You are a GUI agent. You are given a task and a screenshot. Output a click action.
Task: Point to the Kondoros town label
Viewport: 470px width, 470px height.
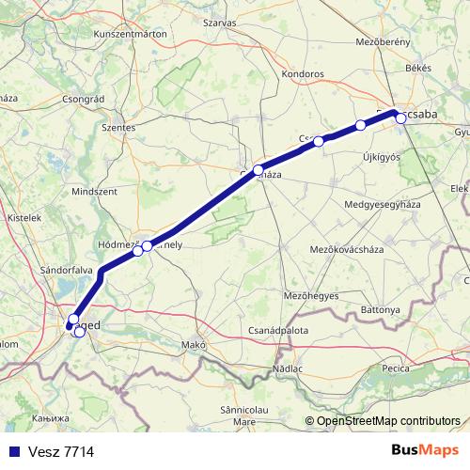tap(302, 72)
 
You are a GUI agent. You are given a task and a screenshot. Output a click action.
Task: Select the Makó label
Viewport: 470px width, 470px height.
tap(206, 344)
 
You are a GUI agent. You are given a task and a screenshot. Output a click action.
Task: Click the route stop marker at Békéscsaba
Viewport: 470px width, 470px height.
tap(400, 117)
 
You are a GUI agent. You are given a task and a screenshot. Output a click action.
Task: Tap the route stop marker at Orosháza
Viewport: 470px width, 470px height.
tap(258, 170)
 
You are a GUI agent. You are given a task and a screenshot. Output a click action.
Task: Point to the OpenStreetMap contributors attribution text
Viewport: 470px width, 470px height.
tap(388, 420)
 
